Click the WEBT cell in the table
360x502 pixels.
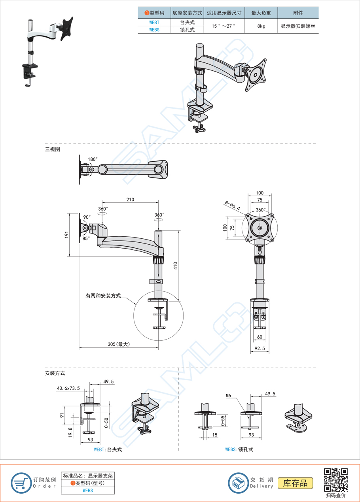pyautogui.click(x=154, y=23)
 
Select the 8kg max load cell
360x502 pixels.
pyautogui.click(x=261, y=26)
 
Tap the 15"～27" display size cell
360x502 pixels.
pyautogui.click(x=224, y=26)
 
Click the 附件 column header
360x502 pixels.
pyautogui.click(x=298, y=13)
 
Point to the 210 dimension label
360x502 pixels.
pyautogui.click(x=130, y=200)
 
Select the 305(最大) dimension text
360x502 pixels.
pyautogui.click(x=119, y=344)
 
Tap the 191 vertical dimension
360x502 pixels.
pyautogui.click(x=67, y=235)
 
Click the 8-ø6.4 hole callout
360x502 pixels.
pyautogui.click(x=233, y=204)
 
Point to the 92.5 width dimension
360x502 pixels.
pyautogui.click(x=260, y=349)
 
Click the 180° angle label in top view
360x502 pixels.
pyautogui.click(x=93, y=159)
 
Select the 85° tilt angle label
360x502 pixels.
pyautogui.click(x=86, y=238)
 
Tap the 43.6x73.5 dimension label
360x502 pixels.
pyautogui.click(x=68, y=389)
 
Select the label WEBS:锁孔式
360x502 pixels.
pyautogui.click(x=239, y=449)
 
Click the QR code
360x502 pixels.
pyautogui.click(x=336, y=479)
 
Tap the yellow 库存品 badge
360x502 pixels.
pyautogui.click(x=295, y=483)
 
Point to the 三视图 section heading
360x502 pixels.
pyautogui.click(x=53, y=149)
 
